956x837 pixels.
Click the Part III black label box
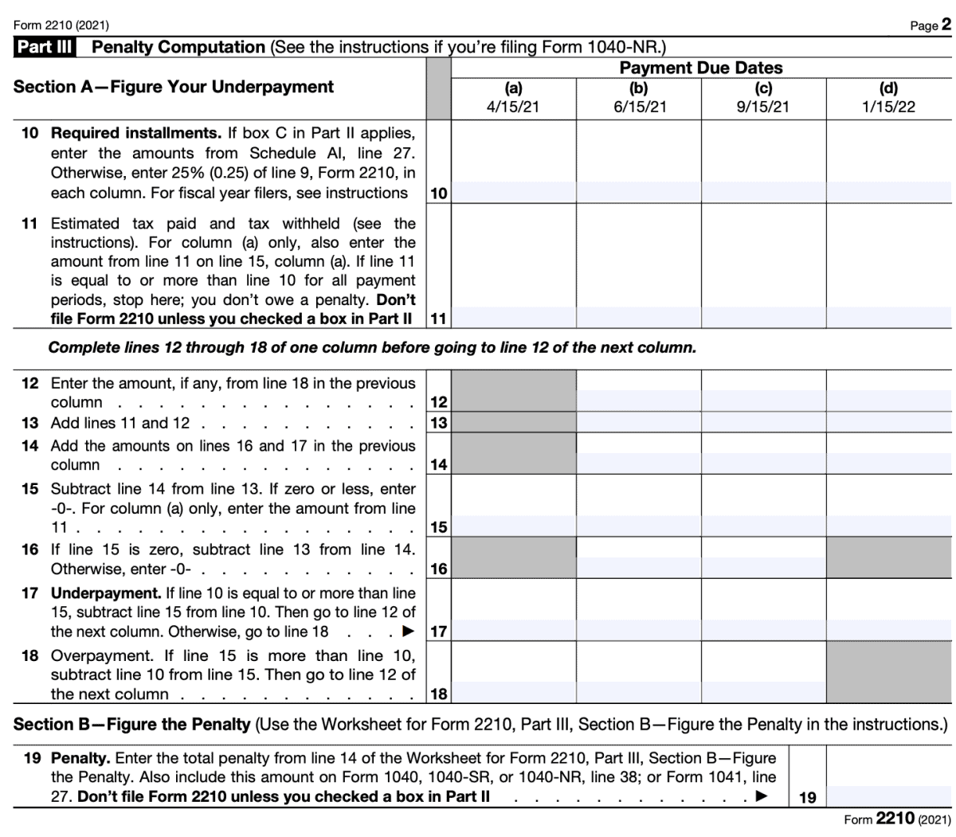point(45,47)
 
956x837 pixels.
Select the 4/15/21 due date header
point(513,98)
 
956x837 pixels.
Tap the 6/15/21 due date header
point(639,98)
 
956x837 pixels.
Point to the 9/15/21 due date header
point(763,98)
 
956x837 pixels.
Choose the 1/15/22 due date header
point(889,98)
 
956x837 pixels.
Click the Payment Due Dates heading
point(701,68)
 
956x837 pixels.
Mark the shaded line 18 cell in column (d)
point(889,672)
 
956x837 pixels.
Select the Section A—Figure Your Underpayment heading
point(174,87)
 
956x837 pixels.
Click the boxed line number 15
point(438,526)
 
